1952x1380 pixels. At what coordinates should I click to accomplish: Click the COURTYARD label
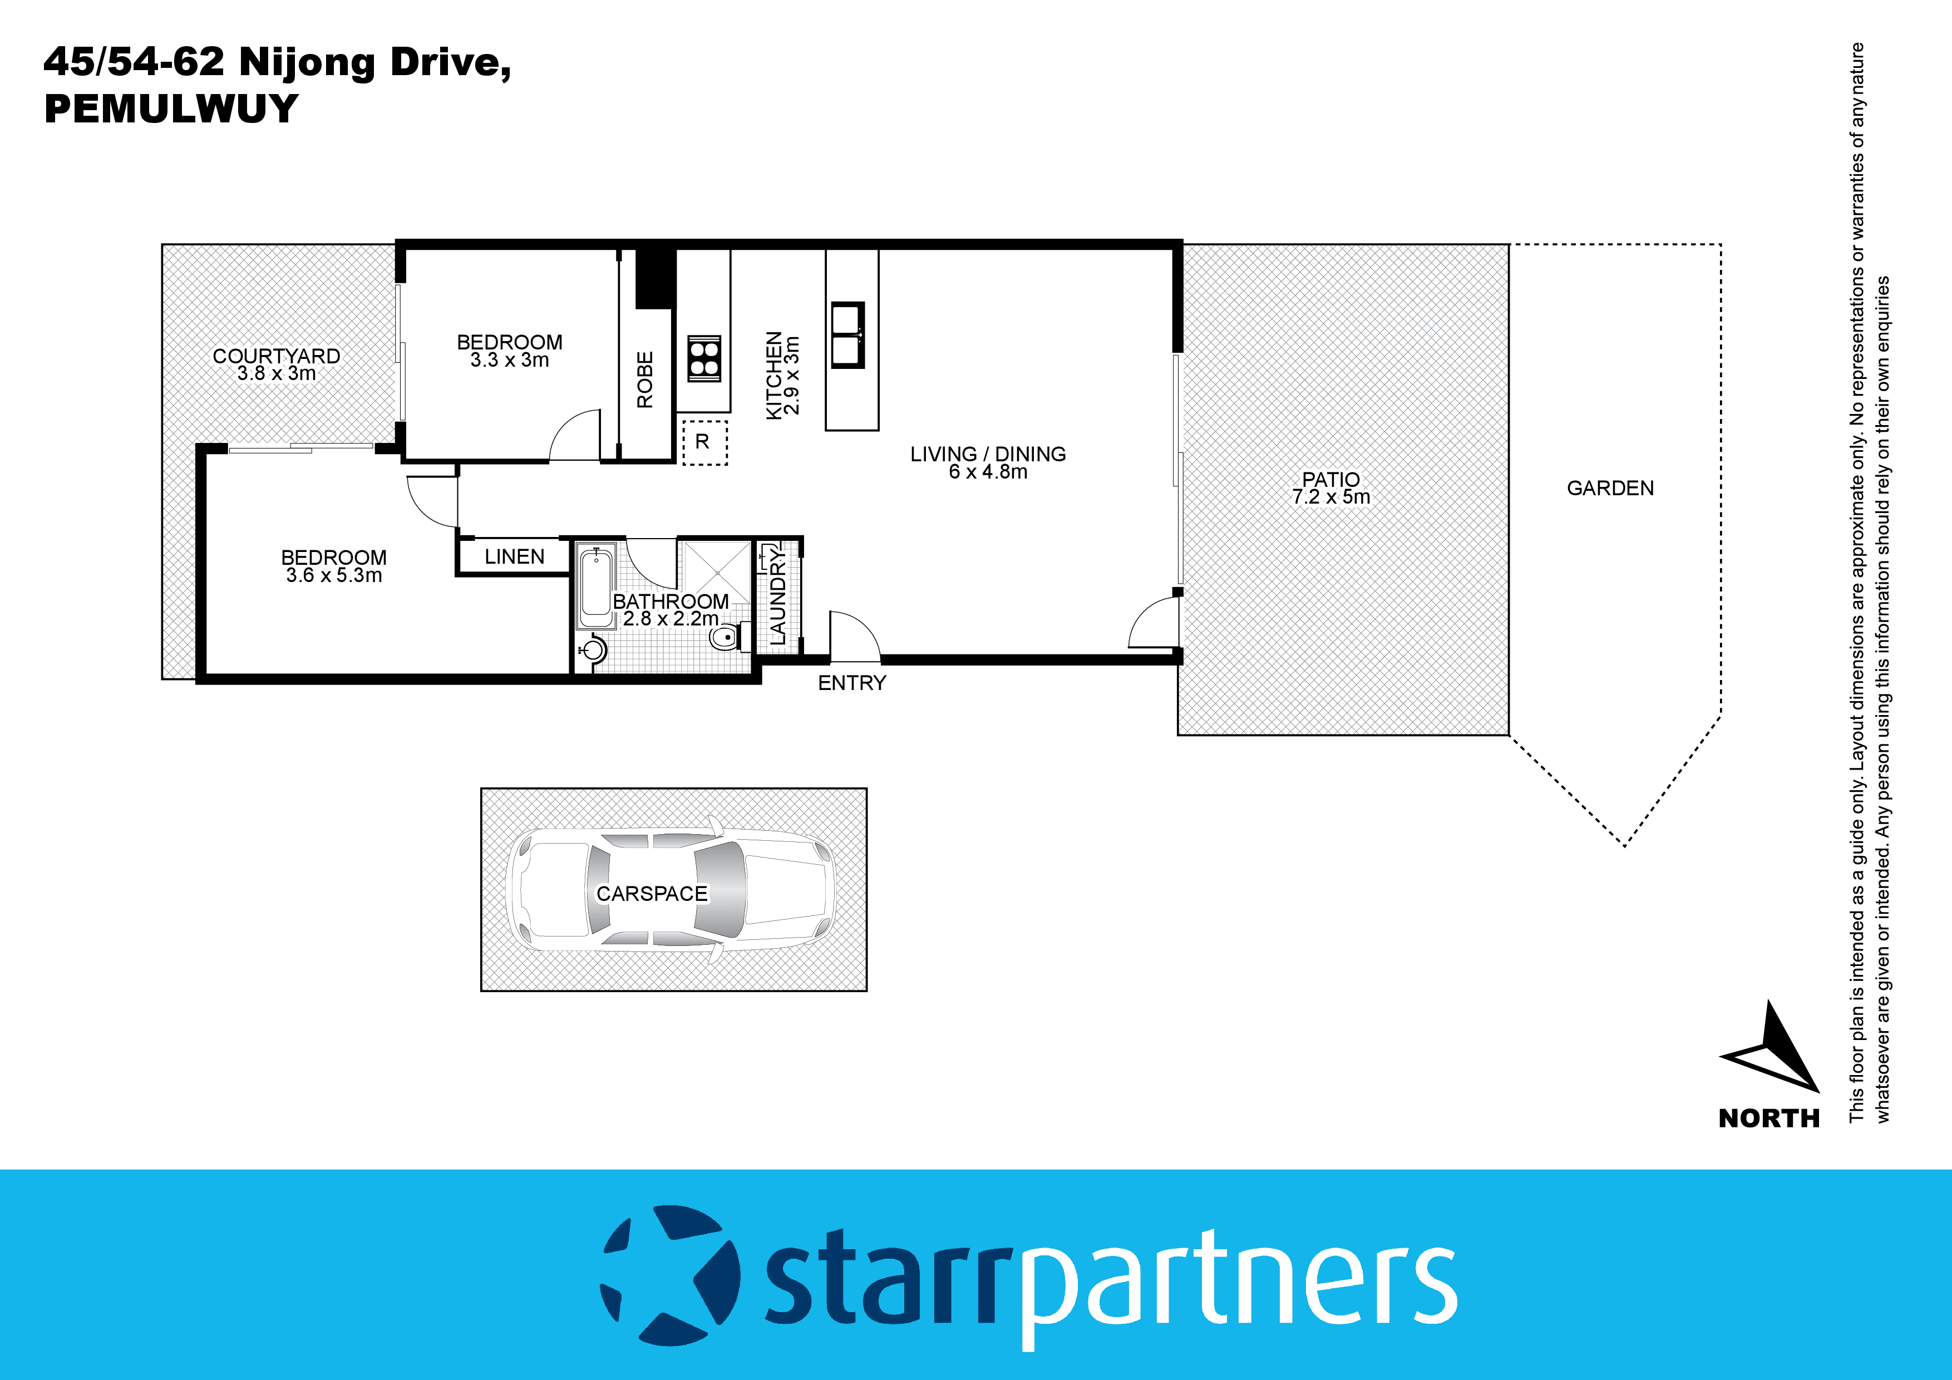tap(277, 356)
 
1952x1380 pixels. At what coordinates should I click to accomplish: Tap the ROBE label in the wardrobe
tap(645, 379)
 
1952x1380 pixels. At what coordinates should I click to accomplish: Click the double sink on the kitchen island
tap(847, 335)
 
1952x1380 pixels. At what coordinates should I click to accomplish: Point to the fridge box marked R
tap(704, 442)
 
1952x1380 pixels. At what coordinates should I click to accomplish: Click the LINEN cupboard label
tap(514, 557)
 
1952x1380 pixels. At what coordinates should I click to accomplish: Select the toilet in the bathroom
tap(727, 637)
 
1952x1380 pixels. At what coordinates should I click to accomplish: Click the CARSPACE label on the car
tap(652, 894)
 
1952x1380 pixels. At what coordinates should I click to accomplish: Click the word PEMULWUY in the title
tap(171, 109)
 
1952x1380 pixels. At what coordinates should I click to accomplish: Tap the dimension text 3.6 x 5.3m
tap(334, 575)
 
